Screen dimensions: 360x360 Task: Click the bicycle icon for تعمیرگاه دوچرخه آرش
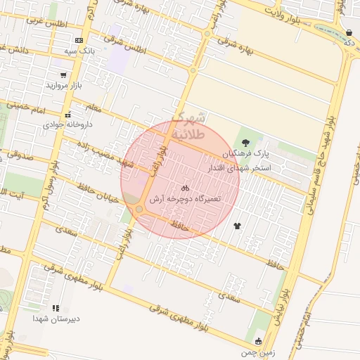click(x=185, y=188)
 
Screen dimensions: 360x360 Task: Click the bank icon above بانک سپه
click(x=78, y=41)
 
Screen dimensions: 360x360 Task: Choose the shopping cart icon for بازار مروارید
click(x=64, y=75)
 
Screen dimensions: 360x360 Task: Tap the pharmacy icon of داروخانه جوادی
click(x=67, y=115)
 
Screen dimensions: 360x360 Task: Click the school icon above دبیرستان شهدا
click(x=56, y=307)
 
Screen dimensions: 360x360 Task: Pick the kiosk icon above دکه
click(x=349, y=33)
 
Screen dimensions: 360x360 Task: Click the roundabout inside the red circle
click(x=140, y=210)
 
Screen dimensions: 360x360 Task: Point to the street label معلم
click(x=92, y=108)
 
